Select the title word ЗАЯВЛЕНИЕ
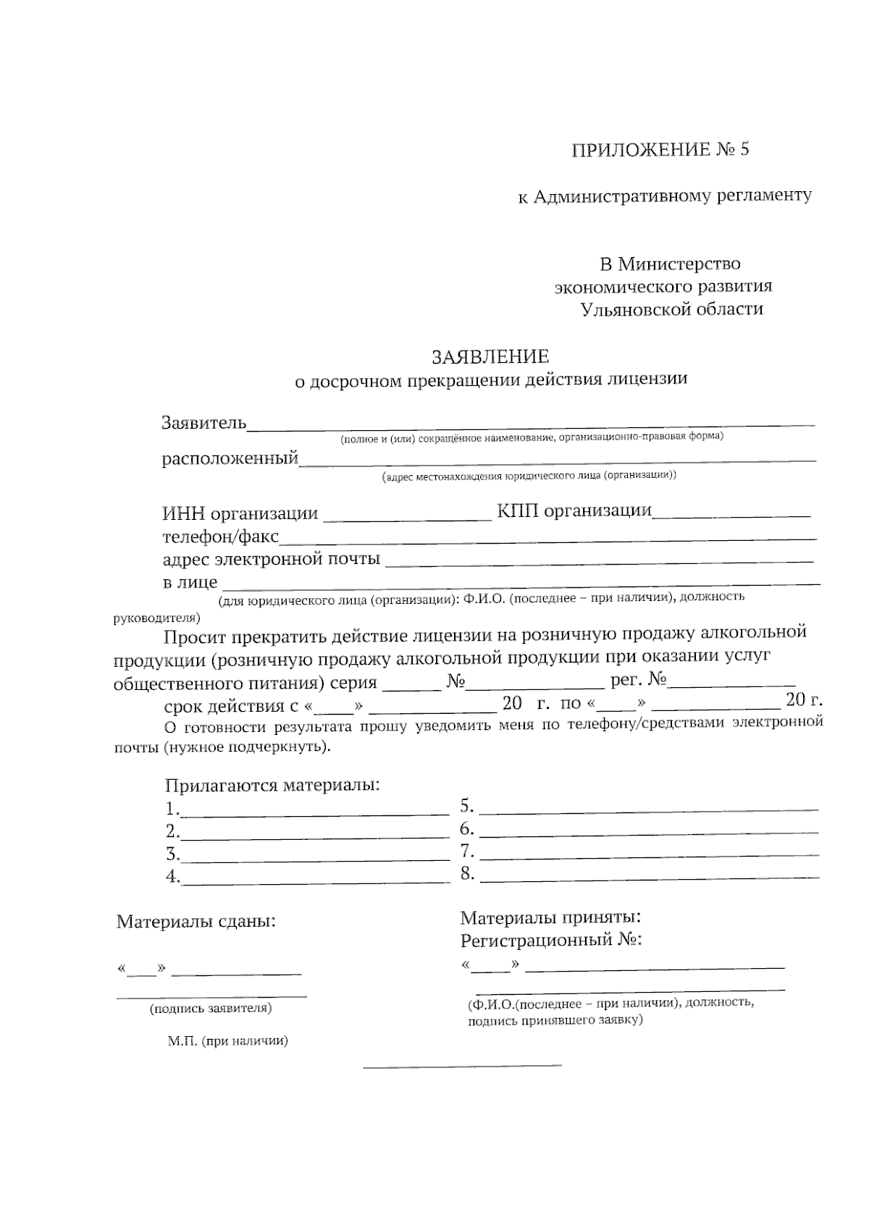[x=490, y=356]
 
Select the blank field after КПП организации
[x=731, y=514]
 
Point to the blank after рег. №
[x=731, y=684]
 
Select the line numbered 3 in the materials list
[x=315, y=858]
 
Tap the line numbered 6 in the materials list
[x=649, y=831]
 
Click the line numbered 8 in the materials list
[x=649, y=877]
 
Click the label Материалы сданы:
[x=196, y=922]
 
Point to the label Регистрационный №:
[x=551, y=941]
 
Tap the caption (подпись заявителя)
[x=210, y=1008]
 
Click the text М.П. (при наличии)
[x=228, y=1041]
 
